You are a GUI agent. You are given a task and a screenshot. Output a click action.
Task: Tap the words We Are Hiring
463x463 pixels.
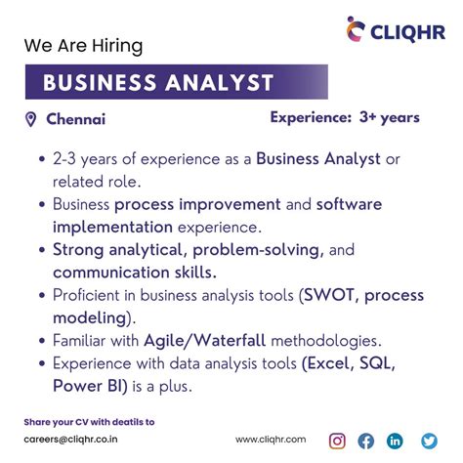84,46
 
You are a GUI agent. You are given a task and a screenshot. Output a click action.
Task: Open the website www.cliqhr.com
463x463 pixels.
271,441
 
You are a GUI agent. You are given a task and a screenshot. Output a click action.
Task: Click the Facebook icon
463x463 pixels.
366,441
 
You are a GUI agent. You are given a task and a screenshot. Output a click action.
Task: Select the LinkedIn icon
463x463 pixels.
396,441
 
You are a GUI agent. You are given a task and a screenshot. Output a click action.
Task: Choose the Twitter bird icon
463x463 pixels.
428,441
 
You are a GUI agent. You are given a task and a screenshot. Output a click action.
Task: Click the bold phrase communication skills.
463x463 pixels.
135,272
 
